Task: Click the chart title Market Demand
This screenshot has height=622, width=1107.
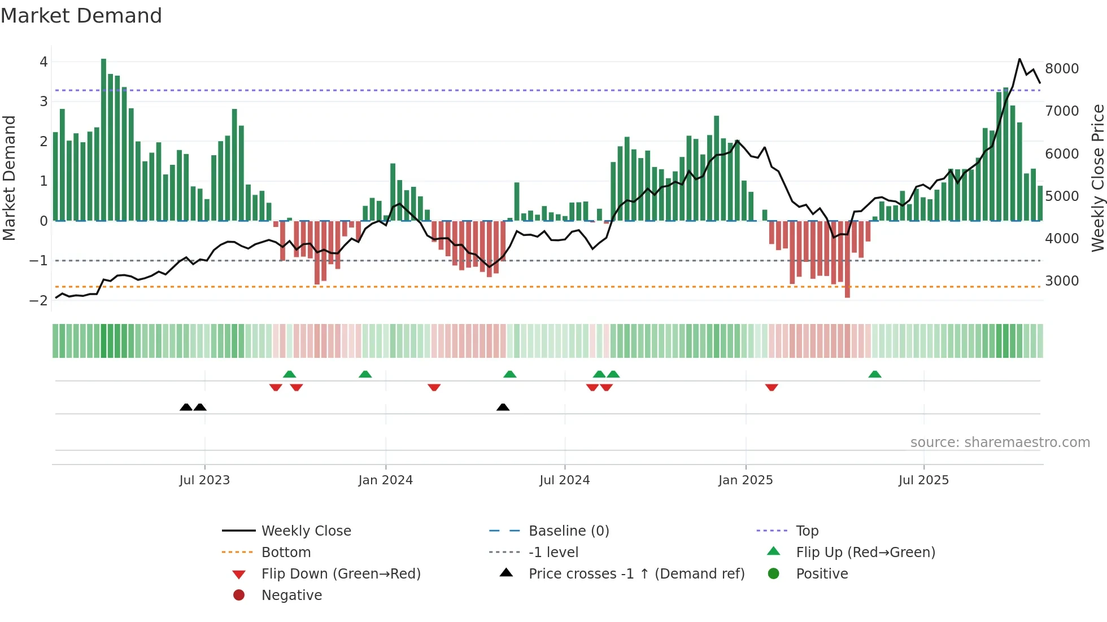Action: [x=81, y=16]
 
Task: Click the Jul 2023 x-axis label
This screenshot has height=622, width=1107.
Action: [x=204, y=480]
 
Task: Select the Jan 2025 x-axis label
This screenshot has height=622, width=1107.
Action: [x=746, y=480]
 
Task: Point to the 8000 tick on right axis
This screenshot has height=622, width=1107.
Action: [x=1062, y=69]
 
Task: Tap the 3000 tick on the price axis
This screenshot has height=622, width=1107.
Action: [x=1062, y=281]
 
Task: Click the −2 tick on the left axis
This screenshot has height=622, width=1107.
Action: [x=38, y=301]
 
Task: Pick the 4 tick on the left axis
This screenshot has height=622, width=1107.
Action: [x=43, y=62]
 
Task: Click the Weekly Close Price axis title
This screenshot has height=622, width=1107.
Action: [x=1097, y=178]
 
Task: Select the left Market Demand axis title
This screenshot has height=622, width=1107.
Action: [x=9, y=178]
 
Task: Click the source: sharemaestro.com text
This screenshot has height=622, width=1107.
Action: [x=1000, y=443]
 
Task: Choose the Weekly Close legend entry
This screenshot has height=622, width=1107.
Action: [x=306, y=531]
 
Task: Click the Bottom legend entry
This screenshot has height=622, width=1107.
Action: [x=286, y=553]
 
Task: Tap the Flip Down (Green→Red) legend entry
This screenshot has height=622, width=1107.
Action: [x=341, y=574]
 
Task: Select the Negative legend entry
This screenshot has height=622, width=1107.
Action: [x=291, y=595]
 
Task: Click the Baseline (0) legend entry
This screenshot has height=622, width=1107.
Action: [x=568, y=531]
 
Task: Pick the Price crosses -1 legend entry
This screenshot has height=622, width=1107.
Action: [x=636, y=574]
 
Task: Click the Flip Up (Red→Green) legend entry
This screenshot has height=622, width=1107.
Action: [x=865, y=553]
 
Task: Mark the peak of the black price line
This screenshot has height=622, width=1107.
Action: [x=1019, y=59]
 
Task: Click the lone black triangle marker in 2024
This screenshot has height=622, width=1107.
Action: [x=503, y=407]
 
